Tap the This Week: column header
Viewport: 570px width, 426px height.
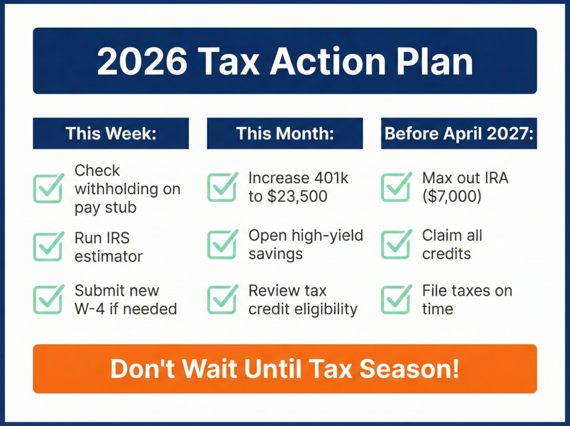[111, 134]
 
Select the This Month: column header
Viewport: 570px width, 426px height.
[284, 134]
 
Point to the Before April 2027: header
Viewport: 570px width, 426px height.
[459, 134]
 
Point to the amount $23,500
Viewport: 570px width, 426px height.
[301, 197]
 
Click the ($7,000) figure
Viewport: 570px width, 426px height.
[452, 197]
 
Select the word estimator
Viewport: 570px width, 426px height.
[109, 256]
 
